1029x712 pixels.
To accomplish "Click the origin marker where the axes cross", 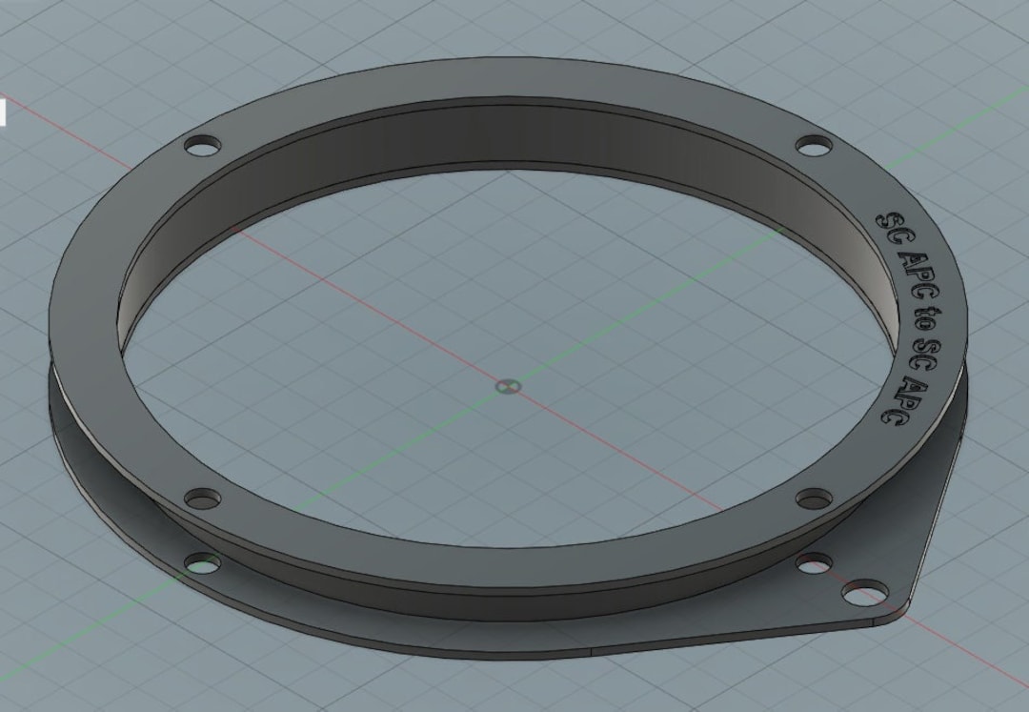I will click(x=508, y=386).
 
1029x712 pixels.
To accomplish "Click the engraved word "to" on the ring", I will click(x=921, y=318).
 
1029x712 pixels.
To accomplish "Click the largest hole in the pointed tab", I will click(x=864, y=593).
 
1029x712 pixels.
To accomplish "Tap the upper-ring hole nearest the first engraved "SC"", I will click(x=813, y=146).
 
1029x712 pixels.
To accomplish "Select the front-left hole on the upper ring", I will click(x=201, y=498).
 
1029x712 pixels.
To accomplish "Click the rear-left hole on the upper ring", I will click(x=201, y=147).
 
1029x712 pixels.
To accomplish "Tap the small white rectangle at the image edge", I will click(x=2, y=112).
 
